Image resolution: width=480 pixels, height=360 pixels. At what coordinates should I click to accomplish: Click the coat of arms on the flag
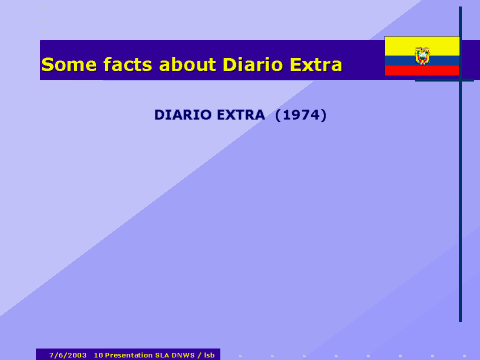(x=422, y=55)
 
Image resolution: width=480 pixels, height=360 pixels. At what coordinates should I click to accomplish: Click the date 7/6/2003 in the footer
(x=68, y=355)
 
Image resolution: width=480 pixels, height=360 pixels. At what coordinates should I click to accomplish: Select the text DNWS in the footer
(x=182, y=355)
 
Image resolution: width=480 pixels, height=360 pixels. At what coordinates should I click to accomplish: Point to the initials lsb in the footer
(x=209, y=355)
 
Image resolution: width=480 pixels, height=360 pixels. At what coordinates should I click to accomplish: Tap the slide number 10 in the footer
(x=98, y=355)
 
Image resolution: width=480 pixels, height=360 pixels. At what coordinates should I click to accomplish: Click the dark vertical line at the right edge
(x=460, y=200)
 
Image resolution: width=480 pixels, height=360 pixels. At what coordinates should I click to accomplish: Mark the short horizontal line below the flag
(x=444, y=80)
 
